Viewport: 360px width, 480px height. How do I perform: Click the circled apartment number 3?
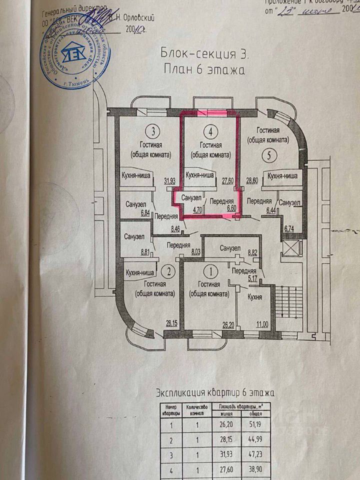(x=152, y=132)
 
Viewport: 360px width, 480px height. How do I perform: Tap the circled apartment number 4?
(x=212, y=132)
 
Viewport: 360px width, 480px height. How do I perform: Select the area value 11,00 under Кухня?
(x=261, y=324)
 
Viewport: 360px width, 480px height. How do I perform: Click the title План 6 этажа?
(x=204, y=69)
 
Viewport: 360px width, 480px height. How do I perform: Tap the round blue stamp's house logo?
(x=75, y=54)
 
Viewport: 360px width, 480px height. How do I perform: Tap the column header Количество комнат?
(x=196, y=409)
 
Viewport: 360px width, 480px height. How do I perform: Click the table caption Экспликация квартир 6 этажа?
(x=216, y=393)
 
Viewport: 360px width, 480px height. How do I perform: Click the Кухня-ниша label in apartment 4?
(x=199, y=175)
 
